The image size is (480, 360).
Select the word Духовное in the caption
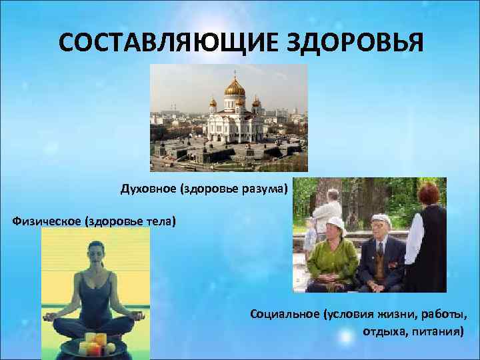click(x=145, y=189)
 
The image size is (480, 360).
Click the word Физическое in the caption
click(x=44, y=221)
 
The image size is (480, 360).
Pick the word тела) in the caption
click(x=162, y=221)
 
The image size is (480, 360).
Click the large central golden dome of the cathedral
click(x=235, y=87)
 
